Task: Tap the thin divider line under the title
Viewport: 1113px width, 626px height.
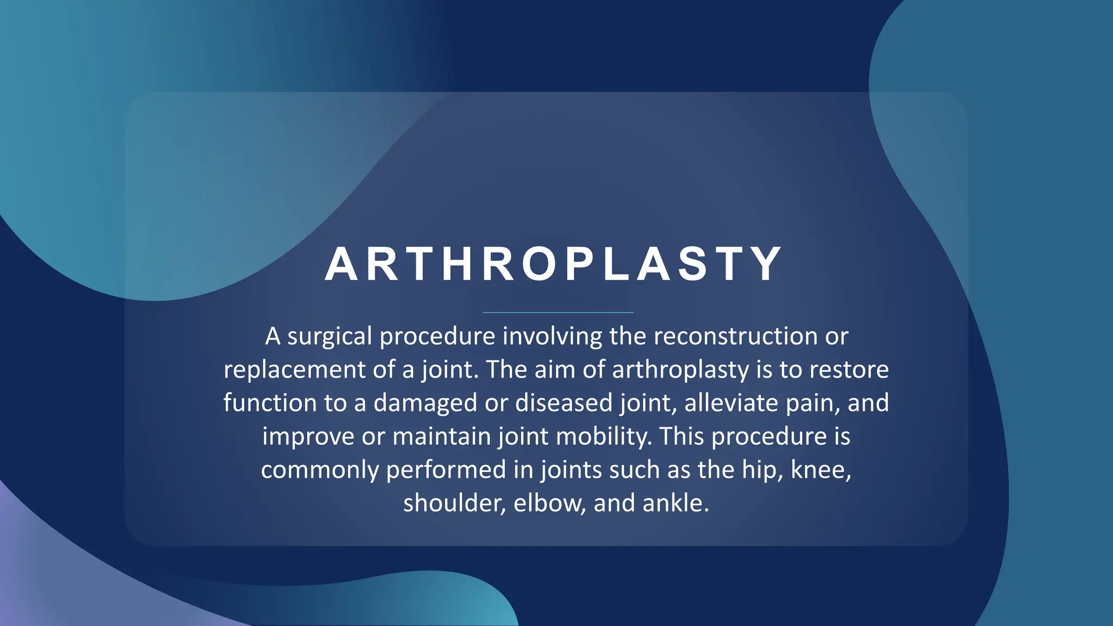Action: [558, 312]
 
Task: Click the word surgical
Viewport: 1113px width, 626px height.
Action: [329, 337]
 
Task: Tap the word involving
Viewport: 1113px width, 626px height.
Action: [552, 337]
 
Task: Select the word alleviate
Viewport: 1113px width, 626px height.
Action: [723, 403]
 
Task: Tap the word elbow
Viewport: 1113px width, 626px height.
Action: [549, 504]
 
